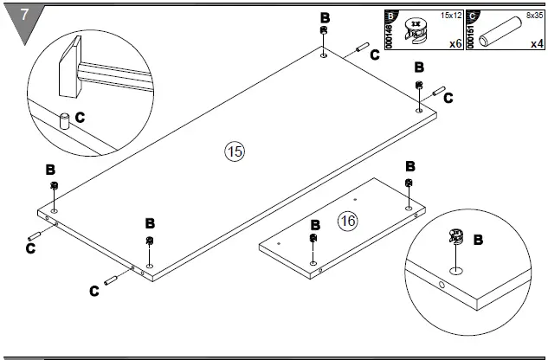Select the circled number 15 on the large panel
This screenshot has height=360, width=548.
tap(234, 151)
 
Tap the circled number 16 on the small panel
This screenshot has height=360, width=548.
tap(347, 222)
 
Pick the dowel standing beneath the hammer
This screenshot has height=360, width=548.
tap(63, 119)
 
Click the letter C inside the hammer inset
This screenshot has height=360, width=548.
tap(80, 116)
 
